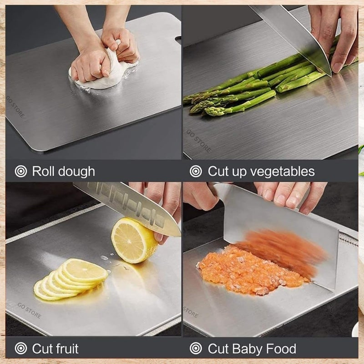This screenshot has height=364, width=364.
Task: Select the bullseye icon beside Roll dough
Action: pos(21,172)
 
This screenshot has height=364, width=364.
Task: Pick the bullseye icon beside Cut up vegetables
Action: pos(196,172)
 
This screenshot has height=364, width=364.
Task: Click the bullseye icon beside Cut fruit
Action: pos(21,349)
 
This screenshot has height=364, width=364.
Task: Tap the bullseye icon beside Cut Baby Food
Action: pos(196,349)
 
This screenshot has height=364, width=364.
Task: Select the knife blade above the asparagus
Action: pos(300,36)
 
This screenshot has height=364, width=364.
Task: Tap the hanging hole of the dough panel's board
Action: pos(177,40)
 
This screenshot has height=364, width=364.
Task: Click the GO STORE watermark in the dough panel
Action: pos(16,106)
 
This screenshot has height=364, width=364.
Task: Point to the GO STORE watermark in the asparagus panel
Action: pos(198,142)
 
